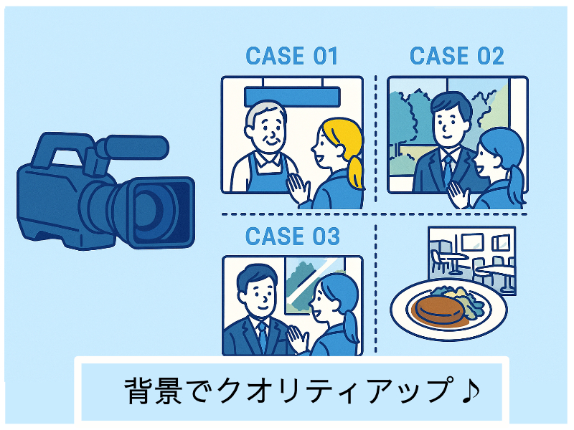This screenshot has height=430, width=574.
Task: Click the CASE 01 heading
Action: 291,56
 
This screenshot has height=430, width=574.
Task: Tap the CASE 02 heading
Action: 456,56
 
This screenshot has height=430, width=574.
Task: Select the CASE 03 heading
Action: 292,236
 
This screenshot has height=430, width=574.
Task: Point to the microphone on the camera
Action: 133,148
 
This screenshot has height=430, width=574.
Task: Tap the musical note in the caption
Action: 469,391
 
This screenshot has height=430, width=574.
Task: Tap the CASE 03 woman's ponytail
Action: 351,326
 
